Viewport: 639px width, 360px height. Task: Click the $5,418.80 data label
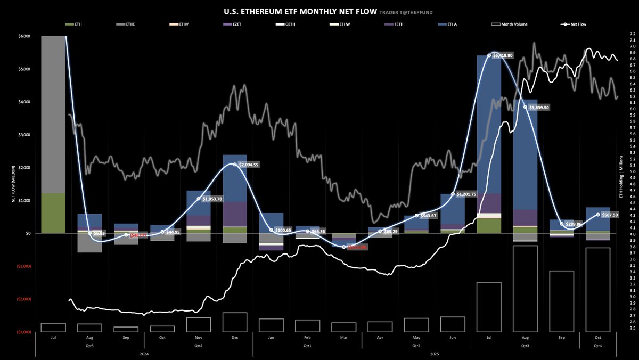tap(503, 55)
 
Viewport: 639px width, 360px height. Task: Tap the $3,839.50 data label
tap(540, 107)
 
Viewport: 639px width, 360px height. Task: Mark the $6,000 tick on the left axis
tap(23, 36)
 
